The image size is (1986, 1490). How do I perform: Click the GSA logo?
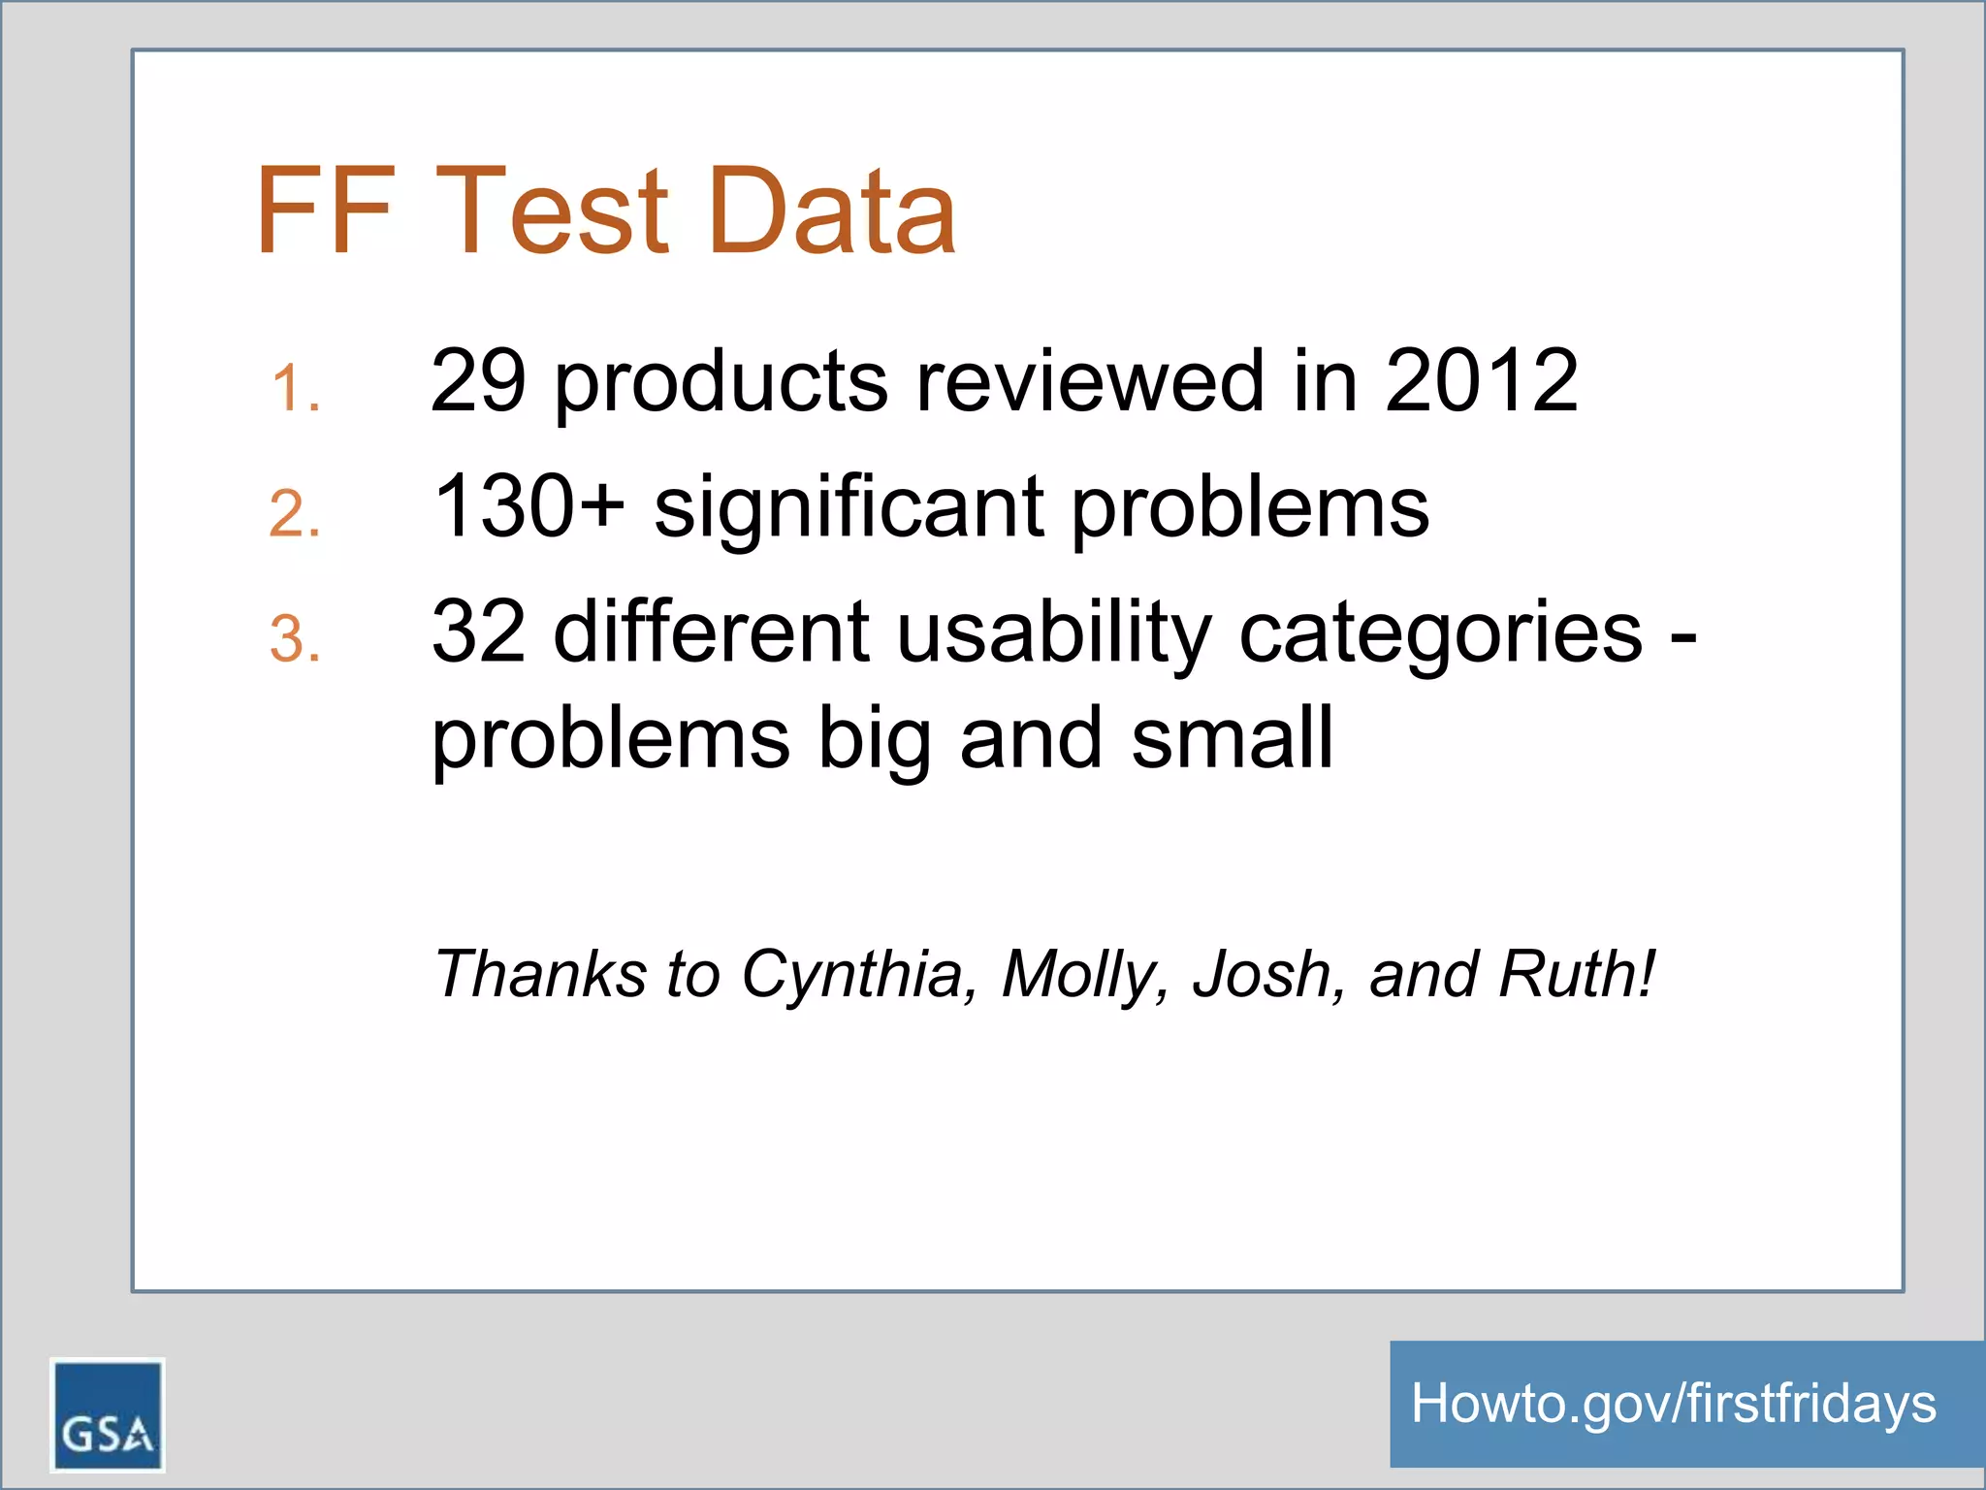tap(108, 1414)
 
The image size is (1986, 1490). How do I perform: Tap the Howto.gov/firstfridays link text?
tap(1673, 1404)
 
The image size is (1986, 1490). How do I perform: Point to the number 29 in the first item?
tap(478, 380)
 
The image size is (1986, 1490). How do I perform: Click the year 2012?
tap(1481, 380)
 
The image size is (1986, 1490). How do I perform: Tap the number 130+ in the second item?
tap(529, 506)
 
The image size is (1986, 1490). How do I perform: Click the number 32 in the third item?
tap(479, 632)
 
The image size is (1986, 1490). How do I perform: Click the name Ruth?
tap(1577, 973)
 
